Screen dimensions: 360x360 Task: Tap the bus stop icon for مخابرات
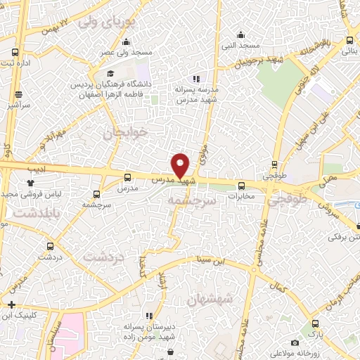[241, 186]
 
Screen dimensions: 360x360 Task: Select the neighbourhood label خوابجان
[126, 132]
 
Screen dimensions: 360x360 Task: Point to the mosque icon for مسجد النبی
[241, 34]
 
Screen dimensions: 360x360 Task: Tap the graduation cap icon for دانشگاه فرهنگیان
[110, 73]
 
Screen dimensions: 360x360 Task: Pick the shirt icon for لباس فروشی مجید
[30, 183]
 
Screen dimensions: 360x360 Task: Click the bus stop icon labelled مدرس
[127, 178]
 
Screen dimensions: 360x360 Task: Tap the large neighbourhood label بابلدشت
[34, 212]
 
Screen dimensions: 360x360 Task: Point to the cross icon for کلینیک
[11, 304]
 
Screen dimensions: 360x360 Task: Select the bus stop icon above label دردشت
[50, 246]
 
